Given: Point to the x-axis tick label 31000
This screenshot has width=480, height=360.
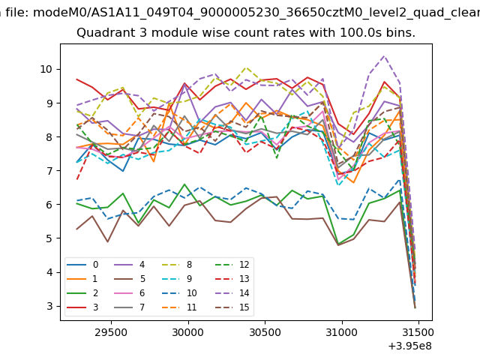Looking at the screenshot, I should [342, 331].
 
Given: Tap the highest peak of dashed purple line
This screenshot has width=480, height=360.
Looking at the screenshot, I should [385, 55].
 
